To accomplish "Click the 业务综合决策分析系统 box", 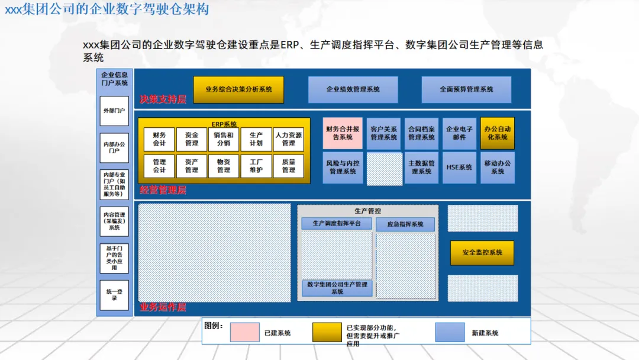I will click(238, 89).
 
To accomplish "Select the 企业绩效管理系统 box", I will click(353, 89).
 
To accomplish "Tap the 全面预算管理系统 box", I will click(466, 89).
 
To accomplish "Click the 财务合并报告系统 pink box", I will click(343, 133).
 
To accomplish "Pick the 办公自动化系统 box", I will click(497, 133).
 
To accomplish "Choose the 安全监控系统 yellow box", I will click(482, 253).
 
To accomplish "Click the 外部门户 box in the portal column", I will click(114, 111).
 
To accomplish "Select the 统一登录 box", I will click(114, 295).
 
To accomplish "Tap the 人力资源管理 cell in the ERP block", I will click(288, 139).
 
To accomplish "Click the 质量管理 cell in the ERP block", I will click(288, 166).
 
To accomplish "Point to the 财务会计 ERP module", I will click(159, 139).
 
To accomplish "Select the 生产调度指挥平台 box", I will click(337, 224).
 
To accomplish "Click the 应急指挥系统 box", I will click(405, 224).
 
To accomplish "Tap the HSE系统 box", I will click(459, 168).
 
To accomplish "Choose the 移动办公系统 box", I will click(497, 168).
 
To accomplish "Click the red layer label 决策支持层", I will click(163, 99).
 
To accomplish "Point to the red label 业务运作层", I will click(163, 308).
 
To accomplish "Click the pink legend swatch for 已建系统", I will click(244, 332).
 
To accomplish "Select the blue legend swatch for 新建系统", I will click(450, 332).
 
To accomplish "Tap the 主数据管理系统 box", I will click(421, 168).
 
